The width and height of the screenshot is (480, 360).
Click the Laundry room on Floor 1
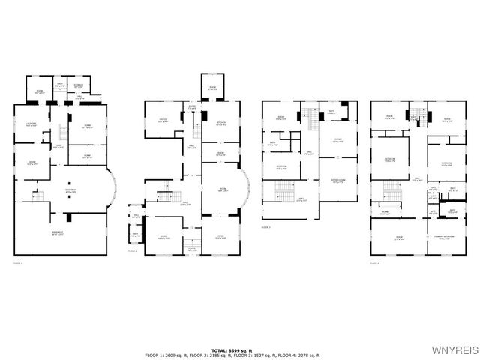click(x=31, y=124)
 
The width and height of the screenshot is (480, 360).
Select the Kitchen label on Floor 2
click(x=221, y=124)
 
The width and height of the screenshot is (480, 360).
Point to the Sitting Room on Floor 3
click(x=338, y=181)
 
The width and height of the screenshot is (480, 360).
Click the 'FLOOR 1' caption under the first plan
click(x=18, y=262)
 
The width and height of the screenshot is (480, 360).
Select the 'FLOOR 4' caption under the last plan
click(x=375, y=262)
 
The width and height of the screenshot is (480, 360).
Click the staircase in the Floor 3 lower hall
click(x=286, y=195)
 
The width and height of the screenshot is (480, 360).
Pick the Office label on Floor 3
click(x=337, y=140)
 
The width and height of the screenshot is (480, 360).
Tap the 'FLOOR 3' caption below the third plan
click(x=266, y=226)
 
